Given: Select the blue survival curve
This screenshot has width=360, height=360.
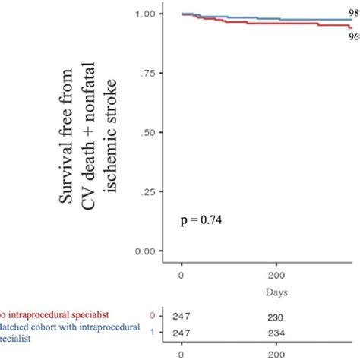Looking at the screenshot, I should tap(266, 17).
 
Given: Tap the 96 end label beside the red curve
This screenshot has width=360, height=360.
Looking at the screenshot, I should tap(354, 36).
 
